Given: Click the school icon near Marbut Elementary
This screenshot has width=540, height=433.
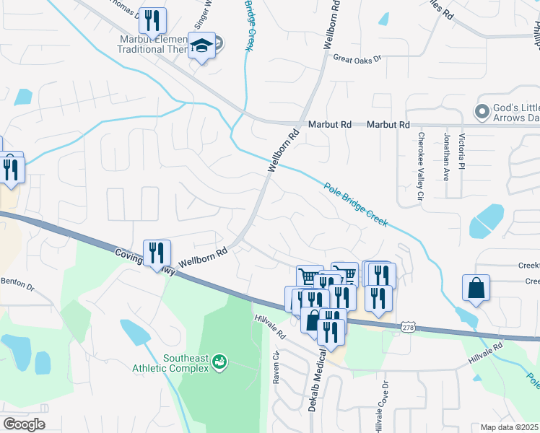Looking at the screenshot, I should click(x=200, y=46).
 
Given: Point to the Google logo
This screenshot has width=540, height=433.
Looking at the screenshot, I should click(x=24, y=424).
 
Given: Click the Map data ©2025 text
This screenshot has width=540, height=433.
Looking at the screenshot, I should click(x=509, y=427).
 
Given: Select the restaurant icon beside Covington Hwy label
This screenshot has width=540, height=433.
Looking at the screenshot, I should click(x=156, y=253).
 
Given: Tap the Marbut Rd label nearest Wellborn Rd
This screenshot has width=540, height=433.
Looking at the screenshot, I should click(x=330, y=125).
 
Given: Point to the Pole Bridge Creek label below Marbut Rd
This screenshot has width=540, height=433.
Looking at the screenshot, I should click(x=354, y=204).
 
